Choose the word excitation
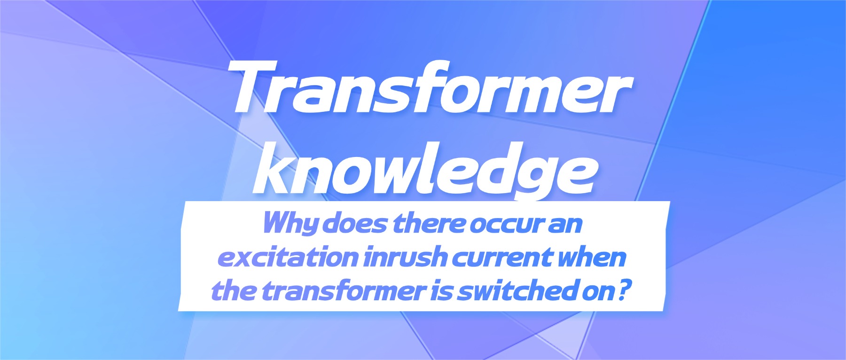(289, 257)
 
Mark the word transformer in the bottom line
(344, 291)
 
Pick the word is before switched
(442, 291)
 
